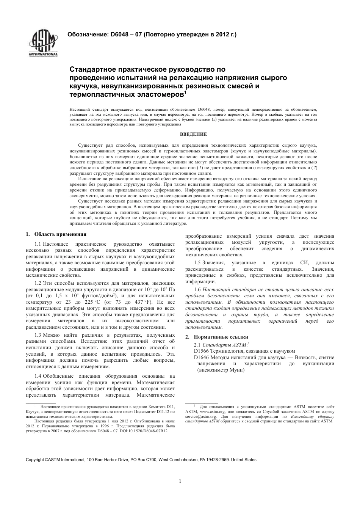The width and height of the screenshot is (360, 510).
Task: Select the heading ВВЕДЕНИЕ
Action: click(193, 134)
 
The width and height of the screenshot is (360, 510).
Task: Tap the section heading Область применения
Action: click(60, 234)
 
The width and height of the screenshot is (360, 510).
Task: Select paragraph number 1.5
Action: click(197, 263)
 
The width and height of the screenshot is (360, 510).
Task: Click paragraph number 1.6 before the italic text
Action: click(197, 289)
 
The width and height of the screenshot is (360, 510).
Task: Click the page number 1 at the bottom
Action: click(180, 481)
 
